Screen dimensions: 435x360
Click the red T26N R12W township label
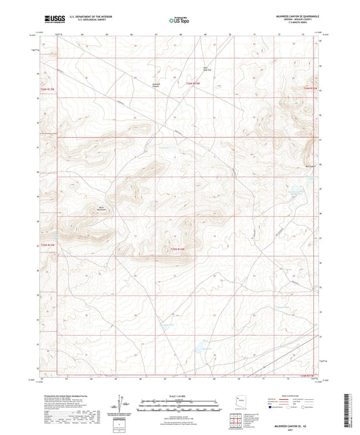193,83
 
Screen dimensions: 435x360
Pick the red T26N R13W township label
46,88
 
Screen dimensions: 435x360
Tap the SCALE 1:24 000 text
178,396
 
